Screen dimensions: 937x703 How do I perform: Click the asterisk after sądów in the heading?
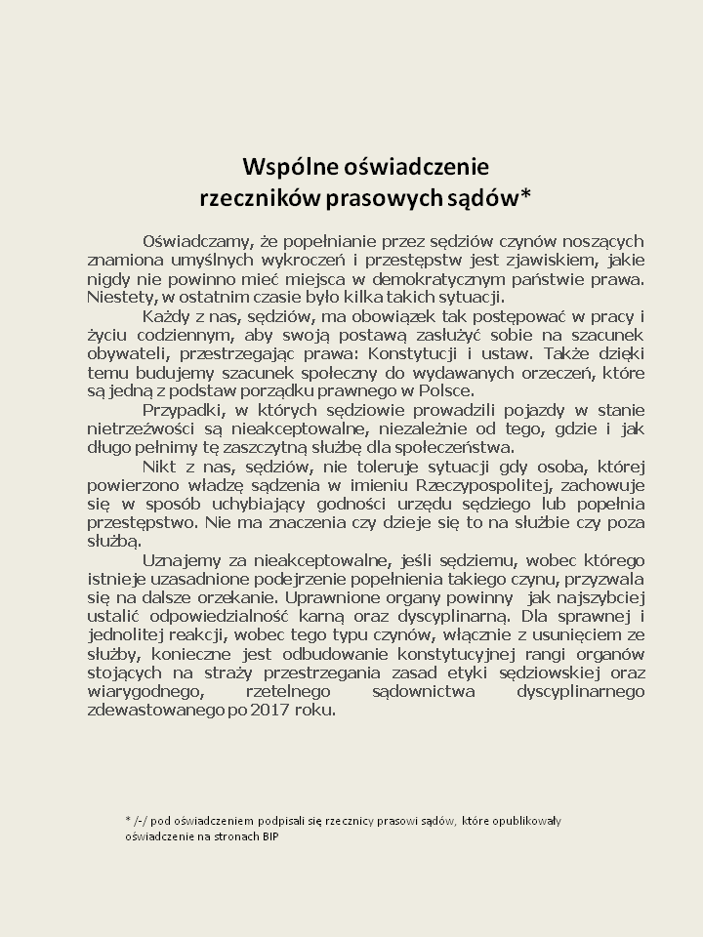[x=526, y=193]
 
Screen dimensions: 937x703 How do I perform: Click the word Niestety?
[x=119, y=297]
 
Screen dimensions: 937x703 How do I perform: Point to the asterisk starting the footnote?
[x=128, y=820]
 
